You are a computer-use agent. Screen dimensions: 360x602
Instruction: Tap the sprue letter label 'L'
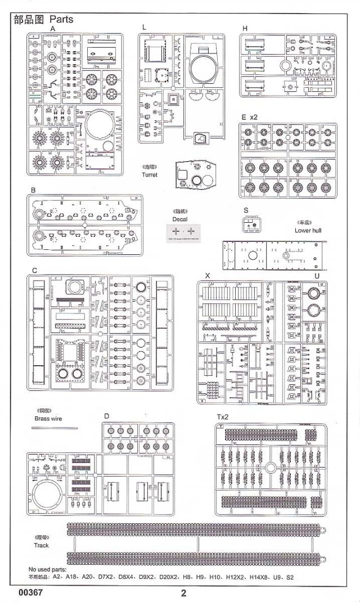click(x=144, y=27)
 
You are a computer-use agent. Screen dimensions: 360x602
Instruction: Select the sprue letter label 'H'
click(x=245, y=28)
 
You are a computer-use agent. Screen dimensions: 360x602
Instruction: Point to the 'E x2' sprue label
click(x=249, y=117)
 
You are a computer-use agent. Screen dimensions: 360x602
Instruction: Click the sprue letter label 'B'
click(x=34, y=190)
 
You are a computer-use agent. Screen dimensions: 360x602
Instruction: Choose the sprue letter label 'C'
click(x=34, y=271)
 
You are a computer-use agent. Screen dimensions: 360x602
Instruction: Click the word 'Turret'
click(x=150, y=175)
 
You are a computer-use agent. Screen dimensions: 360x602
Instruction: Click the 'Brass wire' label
click(x=47, y=419)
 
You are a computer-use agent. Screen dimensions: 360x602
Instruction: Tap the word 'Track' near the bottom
click(x=41, y=545)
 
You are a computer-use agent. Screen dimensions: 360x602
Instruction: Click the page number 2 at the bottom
click(x=183, y=592)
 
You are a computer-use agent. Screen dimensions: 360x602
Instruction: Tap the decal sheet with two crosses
click(x=184, y=232)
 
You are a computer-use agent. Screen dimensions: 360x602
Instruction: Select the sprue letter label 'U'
click(x=317, y=276)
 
